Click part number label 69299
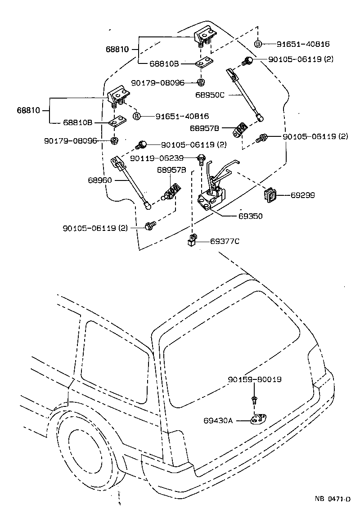[x=302, y=195]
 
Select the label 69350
[x=250, y=216]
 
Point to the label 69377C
[x=225, y=241]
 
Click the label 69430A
[x=218, y=420]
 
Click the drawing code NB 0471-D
[x=332, y=499]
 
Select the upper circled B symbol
[x=258, y=44]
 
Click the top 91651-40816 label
[x=303, y=44]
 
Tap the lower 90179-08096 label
[x=71, y=140]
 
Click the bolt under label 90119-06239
[x=201, y=158]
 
